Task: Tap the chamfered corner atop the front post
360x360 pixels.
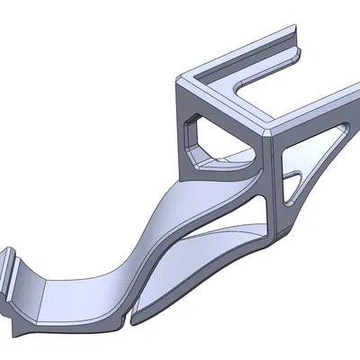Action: (272, 131)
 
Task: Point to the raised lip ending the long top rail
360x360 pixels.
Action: (293, 56)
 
